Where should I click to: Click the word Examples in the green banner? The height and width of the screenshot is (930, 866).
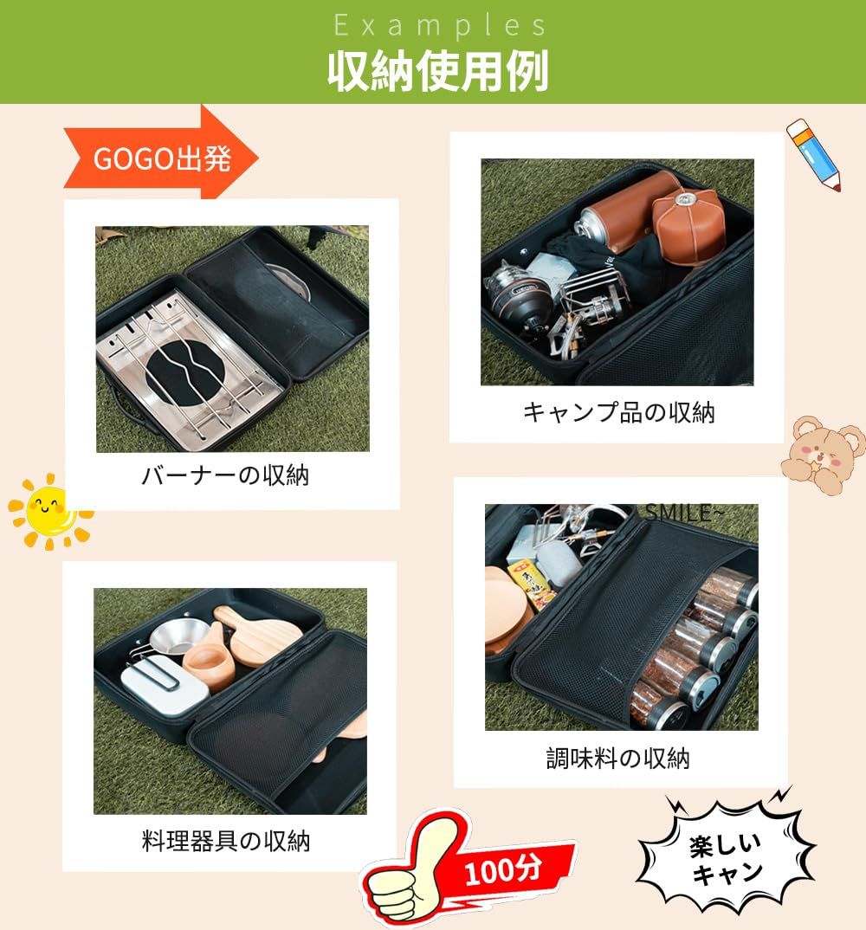click(439, 25)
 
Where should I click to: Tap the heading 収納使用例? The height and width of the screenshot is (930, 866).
click(437, 71)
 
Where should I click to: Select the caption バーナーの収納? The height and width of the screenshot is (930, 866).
click(225, 475)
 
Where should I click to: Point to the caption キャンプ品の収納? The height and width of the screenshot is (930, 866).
click(618, 411)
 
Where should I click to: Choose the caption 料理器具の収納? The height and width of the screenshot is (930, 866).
click(225, 841)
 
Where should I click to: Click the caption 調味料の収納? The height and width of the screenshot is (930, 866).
click(618, 758)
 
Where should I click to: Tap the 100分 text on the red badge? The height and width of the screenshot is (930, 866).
click(502, 871)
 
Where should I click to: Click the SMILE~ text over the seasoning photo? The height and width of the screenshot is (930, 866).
click(684, 513)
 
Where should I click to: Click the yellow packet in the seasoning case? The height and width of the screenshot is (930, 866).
click(532, 584)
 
